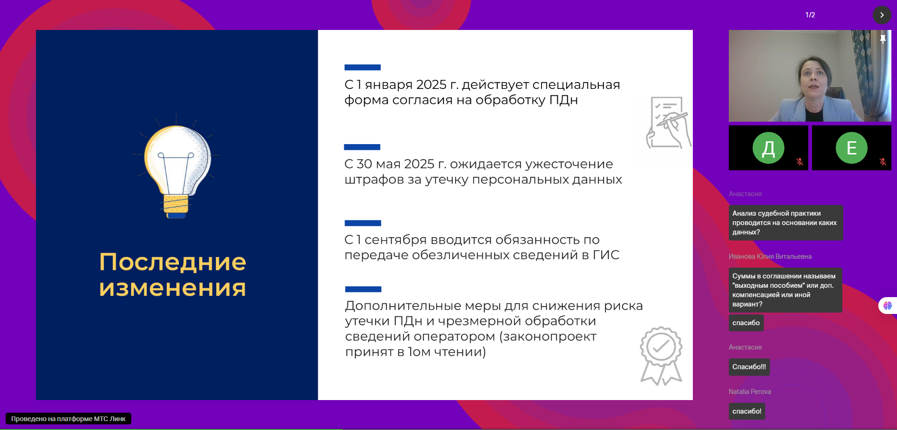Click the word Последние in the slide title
point(172,262)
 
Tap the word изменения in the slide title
point(172,288)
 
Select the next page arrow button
point(882,15)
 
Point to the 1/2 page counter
point(810,15)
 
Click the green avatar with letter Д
point(769,148)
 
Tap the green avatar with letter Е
point(852,148)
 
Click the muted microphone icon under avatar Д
point(800,162)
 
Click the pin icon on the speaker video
point(883,39)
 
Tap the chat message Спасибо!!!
point(749,367)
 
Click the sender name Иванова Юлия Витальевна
point(770,256)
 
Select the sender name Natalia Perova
point(750,392)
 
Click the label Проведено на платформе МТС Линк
point(68,419)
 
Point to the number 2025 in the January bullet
point(431,85)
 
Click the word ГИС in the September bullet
point(606,255)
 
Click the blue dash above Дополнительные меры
point(363,289)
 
